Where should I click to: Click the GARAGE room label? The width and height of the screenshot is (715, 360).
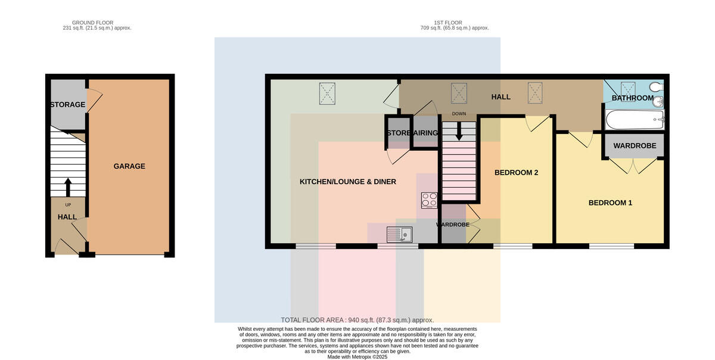coord(129,166)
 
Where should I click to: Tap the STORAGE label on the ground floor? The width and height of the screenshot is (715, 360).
coord(68,104)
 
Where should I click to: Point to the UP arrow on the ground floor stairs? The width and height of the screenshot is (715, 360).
coord(68,188)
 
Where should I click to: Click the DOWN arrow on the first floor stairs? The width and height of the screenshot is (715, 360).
coord(459,131)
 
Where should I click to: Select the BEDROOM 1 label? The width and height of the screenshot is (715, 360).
coord(610,203)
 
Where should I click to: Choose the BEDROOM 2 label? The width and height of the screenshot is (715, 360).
coord(516,173)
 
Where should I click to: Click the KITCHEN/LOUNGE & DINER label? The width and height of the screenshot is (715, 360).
coord(347,182)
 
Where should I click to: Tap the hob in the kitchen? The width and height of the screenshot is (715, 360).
coord(430,200)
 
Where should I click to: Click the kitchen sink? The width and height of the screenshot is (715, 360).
coord(399,234)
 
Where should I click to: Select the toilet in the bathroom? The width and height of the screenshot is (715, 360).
coord(657,86)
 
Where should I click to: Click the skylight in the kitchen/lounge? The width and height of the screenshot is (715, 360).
coord(327,94)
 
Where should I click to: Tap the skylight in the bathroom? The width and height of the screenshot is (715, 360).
coord(628,89)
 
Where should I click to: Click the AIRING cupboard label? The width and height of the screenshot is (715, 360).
coord(425,133)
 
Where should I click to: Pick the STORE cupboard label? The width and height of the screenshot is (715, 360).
coord(399,133)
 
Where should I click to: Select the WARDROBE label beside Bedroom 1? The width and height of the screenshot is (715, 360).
coord(635,145)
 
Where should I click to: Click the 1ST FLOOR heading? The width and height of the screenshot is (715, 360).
coord(448,23)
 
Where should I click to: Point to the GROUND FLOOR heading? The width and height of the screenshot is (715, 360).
coord(92,23)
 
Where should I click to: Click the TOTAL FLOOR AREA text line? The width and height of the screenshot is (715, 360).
coord(357,320)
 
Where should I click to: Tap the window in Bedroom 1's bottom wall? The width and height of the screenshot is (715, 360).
coord(611,246)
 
